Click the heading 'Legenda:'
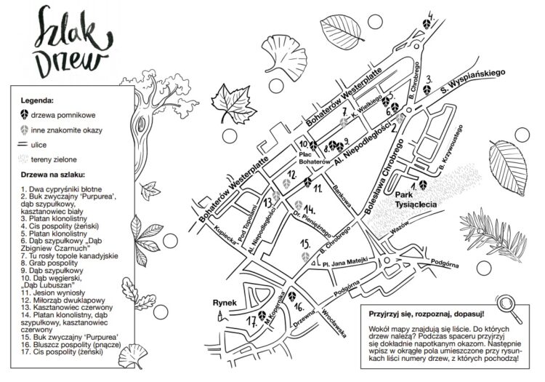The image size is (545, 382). (37, 99)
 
